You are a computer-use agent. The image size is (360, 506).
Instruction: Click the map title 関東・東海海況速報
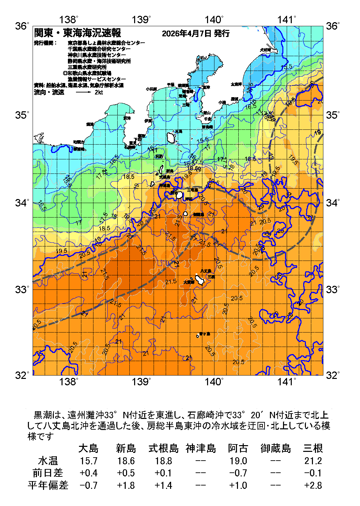point(78,33)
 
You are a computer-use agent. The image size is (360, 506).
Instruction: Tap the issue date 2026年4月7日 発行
point(196,33)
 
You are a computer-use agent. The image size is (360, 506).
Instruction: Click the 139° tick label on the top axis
point(141,20)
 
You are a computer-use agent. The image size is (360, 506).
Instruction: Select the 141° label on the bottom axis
point(287,382)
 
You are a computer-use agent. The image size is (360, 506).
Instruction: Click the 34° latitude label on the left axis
point(22,203)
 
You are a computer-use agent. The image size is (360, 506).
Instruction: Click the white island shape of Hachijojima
point(200,280)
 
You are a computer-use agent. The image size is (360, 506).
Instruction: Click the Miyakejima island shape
point(180,195)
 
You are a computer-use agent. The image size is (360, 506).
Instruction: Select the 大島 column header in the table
point(88,448)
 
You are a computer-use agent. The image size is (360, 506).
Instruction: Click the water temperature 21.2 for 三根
point(313,461)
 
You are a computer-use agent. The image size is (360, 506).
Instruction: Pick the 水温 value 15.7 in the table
point(88,461)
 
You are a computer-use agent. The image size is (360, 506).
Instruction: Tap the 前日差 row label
point(48,473)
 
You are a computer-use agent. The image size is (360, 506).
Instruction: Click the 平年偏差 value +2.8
point(313,485)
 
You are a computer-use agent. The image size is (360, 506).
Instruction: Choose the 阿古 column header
point(238,448)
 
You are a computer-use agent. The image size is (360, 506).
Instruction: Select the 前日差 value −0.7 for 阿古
point(238,473)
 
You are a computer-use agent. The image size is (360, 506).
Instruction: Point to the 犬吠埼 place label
point(265,50)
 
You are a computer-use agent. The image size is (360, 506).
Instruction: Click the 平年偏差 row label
point(48,485)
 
